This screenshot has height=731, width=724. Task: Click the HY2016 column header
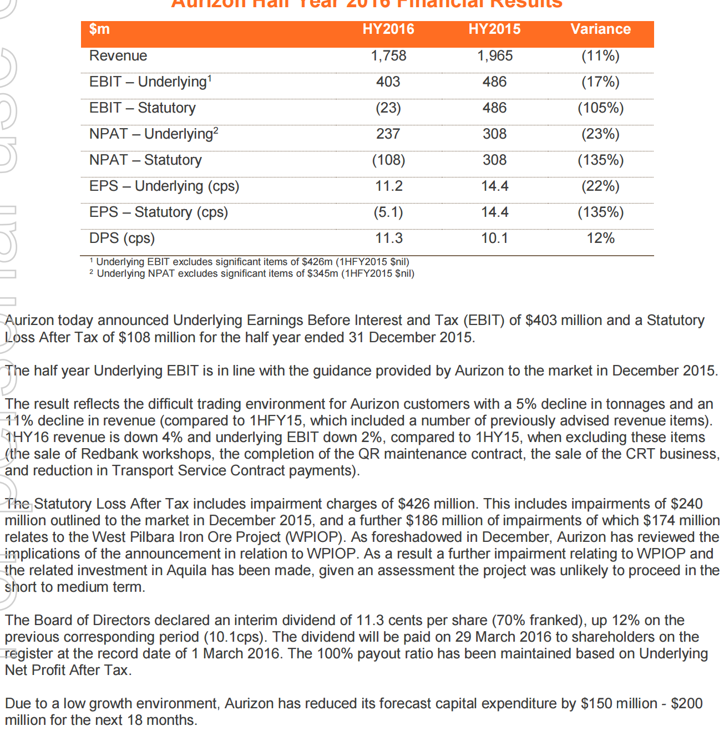coord(388,29)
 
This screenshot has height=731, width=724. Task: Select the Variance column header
coord(600,29)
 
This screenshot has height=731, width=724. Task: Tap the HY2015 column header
coord(494,29)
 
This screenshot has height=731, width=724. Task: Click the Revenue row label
coord(118,56)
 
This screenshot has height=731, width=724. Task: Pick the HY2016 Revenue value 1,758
coord(388,56)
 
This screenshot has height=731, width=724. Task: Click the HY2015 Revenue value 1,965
coord(495,56)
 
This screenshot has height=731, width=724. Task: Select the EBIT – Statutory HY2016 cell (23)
coord(388,108)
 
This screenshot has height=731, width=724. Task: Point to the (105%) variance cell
coord(600,108)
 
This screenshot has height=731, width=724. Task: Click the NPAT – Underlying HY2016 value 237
coord(388,134)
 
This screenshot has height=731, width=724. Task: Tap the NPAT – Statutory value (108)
coord(388,160)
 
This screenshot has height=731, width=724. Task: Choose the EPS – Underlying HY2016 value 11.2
coord(388,186)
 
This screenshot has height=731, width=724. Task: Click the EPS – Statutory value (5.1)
coord(388,212)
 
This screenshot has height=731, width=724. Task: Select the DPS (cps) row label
coord(122,238)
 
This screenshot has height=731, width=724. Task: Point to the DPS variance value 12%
coord(600,238)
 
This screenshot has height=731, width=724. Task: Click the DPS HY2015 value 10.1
coord(495,238)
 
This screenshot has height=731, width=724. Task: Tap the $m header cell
coord(99,29)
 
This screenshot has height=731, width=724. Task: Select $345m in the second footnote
coord(322,273)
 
